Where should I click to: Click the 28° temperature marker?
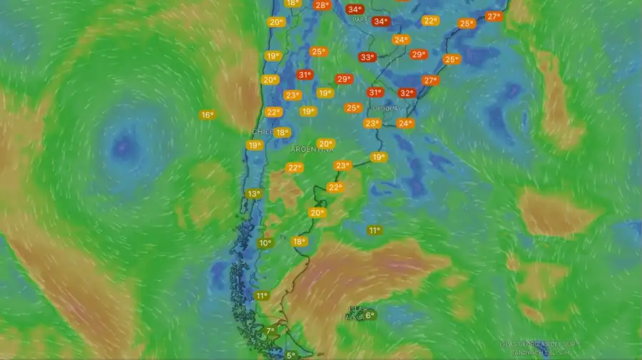click(322, 5)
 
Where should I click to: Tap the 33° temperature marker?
click(367, 57)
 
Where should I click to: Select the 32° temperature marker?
click(407, 93)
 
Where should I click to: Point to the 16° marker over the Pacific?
click(207, 115)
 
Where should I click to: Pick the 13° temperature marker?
click(253, 194)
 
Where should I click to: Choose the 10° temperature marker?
click(265, 243)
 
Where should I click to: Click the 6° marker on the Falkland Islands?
click(370, 315)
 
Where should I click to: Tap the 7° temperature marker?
click(270, 331)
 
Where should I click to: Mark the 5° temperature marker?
click(290, 355)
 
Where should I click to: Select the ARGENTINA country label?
click(312, 150)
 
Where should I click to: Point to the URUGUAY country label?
click(385, 108)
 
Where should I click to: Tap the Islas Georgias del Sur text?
click(540, 344)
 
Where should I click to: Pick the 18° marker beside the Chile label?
click(282, 133)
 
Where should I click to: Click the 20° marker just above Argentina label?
click(325, 143)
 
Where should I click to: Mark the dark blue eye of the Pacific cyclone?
click(126, 147)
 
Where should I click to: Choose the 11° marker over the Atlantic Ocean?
click(374, 230)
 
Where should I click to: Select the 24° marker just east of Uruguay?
click(405, 123)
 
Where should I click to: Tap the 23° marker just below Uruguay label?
click(372, 123)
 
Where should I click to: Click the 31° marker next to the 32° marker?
click(375, 92)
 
